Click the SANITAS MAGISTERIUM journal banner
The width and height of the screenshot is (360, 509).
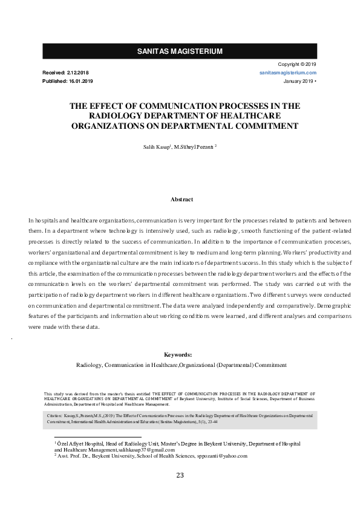(180, 51)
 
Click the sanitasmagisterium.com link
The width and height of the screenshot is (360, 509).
(288, 73)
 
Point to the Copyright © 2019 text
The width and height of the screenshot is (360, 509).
(297, 64)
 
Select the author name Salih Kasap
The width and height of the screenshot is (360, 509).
(155, 146)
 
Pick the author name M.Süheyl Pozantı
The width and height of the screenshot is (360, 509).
(194, 146)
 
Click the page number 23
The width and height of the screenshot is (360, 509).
(180, 475)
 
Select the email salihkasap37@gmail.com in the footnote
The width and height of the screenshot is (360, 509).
(146, 450)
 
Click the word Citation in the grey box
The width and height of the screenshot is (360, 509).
(55, 417)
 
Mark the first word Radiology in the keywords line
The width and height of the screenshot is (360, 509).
(89, 365)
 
